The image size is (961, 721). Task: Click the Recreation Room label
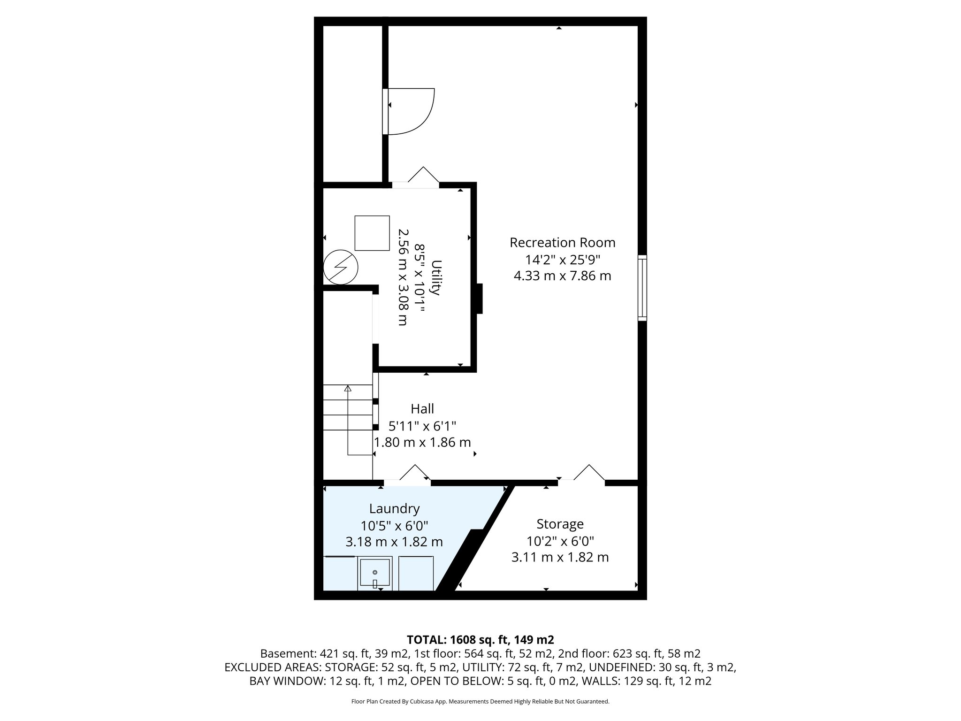tap(562, 243)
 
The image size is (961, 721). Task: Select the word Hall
tap(422, 409)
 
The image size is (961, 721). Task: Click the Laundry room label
tap(394, 508)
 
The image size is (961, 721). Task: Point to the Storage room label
tap(560, 524)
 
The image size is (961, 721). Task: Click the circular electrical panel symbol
tap(341, 268)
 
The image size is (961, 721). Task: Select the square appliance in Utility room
tap(372, 233)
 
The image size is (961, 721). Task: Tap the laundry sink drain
tap(375, 572)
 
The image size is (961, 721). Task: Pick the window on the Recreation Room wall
tap(642, 288)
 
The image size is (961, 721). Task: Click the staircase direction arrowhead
tap(348, 388)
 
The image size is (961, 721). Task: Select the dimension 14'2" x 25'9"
tap(562, 259)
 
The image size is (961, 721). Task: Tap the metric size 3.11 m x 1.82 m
tap(560, 558)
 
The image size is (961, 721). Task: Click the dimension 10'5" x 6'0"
tap(394, 525)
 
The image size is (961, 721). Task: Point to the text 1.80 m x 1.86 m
tap(422, 442)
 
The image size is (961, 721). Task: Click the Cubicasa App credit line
tap(480, 702)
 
